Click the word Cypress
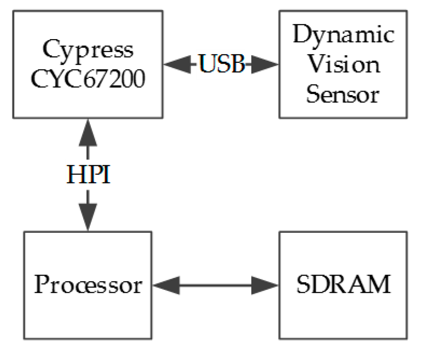tap(88, 51)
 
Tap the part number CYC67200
tap(88, 79)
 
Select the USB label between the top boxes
tap(222, 64)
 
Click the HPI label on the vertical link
tap(88, 175)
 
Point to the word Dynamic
tap(343, 36)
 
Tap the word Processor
tap(88, 285)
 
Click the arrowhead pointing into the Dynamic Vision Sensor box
tap(267, 64)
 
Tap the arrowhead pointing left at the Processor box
tap(165, 285)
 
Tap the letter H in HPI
tap(74, 175)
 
